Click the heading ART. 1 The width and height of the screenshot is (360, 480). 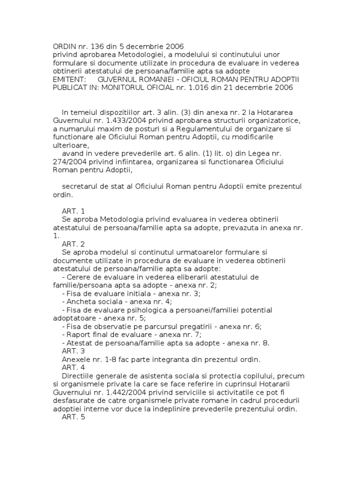tap(73, 212)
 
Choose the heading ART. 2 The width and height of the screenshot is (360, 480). tap(73, 244)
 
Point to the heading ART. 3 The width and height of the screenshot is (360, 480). tap(73, 351)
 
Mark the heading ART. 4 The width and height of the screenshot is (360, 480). tap(73, 368)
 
